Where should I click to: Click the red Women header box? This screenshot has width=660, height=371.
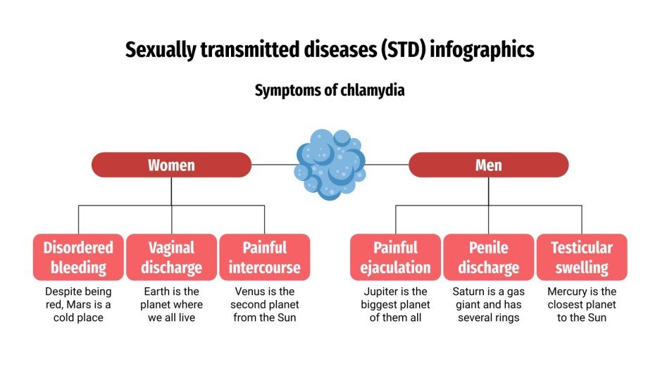tap(171, 165)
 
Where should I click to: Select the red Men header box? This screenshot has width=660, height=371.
tap(488, 165)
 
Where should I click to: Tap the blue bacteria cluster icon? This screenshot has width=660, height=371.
tap(330, 164)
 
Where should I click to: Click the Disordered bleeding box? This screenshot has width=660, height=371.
tap(78, 257)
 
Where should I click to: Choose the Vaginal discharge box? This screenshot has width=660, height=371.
tap(171, 257)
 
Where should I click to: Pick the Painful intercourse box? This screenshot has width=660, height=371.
tap(264, 257)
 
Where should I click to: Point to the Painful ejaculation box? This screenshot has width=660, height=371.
tap(395, 257)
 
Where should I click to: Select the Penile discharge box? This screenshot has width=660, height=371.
tap(488, 257)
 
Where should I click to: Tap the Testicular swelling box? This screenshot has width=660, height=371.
tap(582, 257)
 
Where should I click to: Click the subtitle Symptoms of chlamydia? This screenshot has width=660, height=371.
tap(330, 90)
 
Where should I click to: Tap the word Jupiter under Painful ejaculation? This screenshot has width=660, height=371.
tap(381, 291)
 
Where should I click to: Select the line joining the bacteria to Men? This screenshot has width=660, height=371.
tap(387, 165)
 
